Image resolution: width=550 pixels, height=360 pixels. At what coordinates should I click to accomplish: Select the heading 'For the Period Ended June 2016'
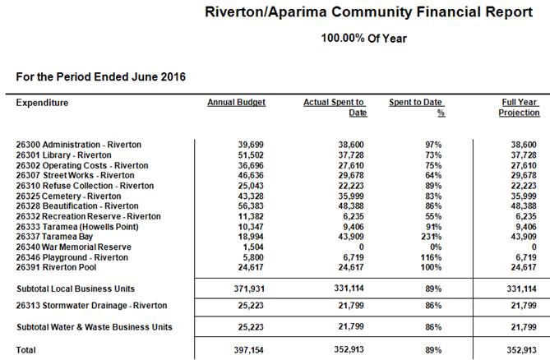(100, 76)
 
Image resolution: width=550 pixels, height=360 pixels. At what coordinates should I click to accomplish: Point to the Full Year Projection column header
(520, 107)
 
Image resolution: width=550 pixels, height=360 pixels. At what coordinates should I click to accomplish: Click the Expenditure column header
(42, 103)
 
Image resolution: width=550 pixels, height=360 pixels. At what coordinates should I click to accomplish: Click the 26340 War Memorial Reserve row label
(73, 246)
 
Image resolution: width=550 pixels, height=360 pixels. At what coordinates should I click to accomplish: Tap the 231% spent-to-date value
(430, 235)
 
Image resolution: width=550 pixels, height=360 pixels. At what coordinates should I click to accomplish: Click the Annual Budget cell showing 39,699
(252, 144)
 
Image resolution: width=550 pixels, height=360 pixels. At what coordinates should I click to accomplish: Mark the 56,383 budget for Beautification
(252, 205)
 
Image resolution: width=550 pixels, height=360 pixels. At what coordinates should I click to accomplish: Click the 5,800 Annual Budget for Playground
(256, 257)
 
